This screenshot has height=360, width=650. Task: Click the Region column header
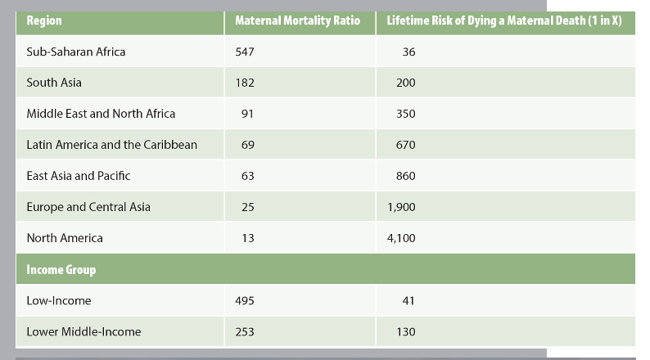[x=44, y=20]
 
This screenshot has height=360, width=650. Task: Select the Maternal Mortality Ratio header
[x=297, y=20]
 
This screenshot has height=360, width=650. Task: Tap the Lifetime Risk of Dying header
[x=504, y=20]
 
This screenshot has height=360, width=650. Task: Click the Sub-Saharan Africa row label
[x=76, y=52]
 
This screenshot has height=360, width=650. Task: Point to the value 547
[x=245, y=52]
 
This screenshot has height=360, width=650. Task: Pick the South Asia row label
[x=54, y=83]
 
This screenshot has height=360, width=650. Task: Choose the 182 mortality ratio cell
[x=245, y=83]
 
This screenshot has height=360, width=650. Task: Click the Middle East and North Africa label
[x=101, y=114]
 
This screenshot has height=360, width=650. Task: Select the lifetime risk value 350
[x=405, y=114]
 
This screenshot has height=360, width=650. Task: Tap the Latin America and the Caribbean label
[x=111, y=145]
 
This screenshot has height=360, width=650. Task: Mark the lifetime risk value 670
[x=405, y=145]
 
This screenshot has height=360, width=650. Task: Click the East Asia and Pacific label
[x=79, y=176]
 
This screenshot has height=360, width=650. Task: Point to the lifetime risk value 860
[x=405, y=176]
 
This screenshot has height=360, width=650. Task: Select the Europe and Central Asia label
[x=88, y=207]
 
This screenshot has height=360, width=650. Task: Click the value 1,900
[x=401, y=207]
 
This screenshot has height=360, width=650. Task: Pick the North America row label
[x=65, y=238]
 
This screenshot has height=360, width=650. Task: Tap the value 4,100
[x=401, y=238]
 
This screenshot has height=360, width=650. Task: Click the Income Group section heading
[x=61, y=270]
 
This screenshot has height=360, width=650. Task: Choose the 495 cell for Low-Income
[x=245, y=300]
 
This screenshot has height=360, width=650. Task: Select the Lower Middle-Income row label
[x=84, y=331]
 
